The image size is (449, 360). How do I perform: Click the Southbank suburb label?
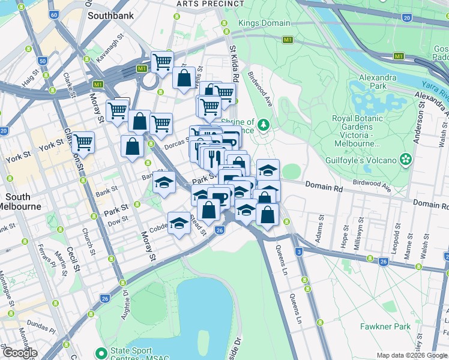point(110,16)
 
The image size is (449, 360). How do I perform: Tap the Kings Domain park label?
point(264,23)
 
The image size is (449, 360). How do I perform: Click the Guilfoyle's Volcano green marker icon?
point(406,160)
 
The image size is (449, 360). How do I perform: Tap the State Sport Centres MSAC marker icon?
point(100,351)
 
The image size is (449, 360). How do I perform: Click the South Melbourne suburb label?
point(23,202)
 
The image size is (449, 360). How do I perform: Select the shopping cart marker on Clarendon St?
point(83,143)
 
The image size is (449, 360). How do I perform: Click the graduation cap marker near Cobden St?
point(178,224)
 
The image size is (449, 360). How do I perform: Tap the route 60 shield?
point(54,14)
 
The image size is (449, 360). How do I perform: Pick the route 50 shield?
point(42,61)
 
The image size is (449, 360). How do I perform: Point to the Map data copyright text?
point(411,355)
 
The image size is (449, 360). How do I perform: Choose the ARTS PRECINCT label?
point(202,4)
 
